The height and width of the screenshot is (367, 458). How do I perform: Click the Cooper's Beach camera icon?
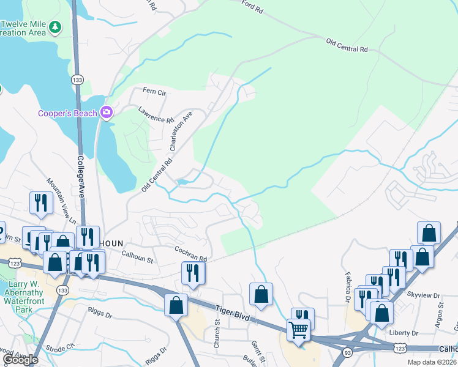[107, 113]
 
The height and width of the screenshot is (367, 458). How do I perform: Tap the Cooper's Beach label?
[67, 113]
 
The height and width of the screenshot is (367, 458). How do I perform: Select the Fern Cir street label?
[154, 92]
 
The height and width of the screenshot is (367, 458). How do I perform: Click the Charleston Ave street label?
[181, 131]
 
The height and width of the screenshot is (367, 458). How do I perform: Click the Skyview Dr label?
[428, 295]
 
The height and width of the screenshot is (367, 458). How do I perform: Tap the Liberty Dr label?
[404, 333]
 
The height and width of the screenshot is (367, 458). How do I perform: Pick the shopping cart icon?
[298, 330]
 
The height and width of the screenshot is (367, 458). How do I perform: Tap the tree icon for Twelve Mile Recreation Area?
[55, 27]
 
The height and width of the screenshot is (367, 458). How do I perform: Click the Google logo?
[20, 360]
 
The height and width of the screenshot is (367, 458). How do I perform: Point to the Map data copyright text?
[432, 362]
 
